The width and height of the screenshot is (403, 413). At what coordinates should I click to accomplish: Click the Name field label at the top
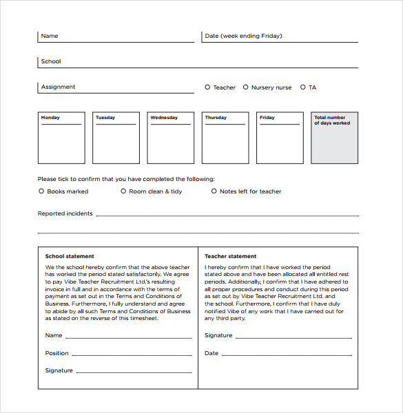point(50,36)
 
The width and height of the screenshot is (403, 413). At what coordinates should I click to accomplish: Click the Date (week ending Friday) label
point(243,36)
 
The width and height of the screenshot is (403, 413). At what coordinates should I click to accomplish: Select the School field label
point(51,61)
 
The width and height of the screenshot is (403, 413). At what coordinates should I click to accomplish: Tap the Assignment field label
point(58,87)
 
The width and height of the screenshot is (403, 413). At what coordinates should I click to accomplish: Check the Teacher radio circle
point(207,87)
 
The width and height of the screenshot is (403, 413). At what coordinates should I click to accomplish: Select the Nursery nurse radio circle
point(245,87)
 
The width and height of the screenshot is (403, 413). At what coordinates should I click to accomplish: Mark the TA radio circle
point(302,87)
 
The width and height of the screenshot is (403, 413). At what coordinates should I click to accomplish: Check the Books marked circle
point(41,191)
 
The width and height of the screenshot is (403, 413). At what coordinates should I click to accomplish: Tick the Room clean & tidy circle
point(123,191)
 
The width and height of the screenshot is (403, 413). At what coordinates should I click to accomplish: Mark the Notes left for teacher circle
point(214,191)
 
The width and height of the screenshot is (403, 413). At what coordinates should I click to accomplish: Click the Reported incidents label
point(65,213)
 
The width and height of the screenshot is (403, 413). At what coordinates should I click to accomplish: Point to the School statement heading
point(70,256)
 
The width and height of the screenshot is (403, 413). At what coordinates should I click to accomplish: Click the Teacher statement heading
point(230,256)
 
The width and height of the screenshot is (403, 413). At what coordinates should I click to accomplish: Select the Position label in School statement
point(57,353)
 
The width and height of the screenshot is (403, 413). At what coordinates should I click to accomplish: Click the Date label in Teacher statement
point(211,353)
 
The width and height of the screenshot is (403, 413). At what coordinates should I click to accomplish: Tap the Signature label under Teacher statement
point(218,335)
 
